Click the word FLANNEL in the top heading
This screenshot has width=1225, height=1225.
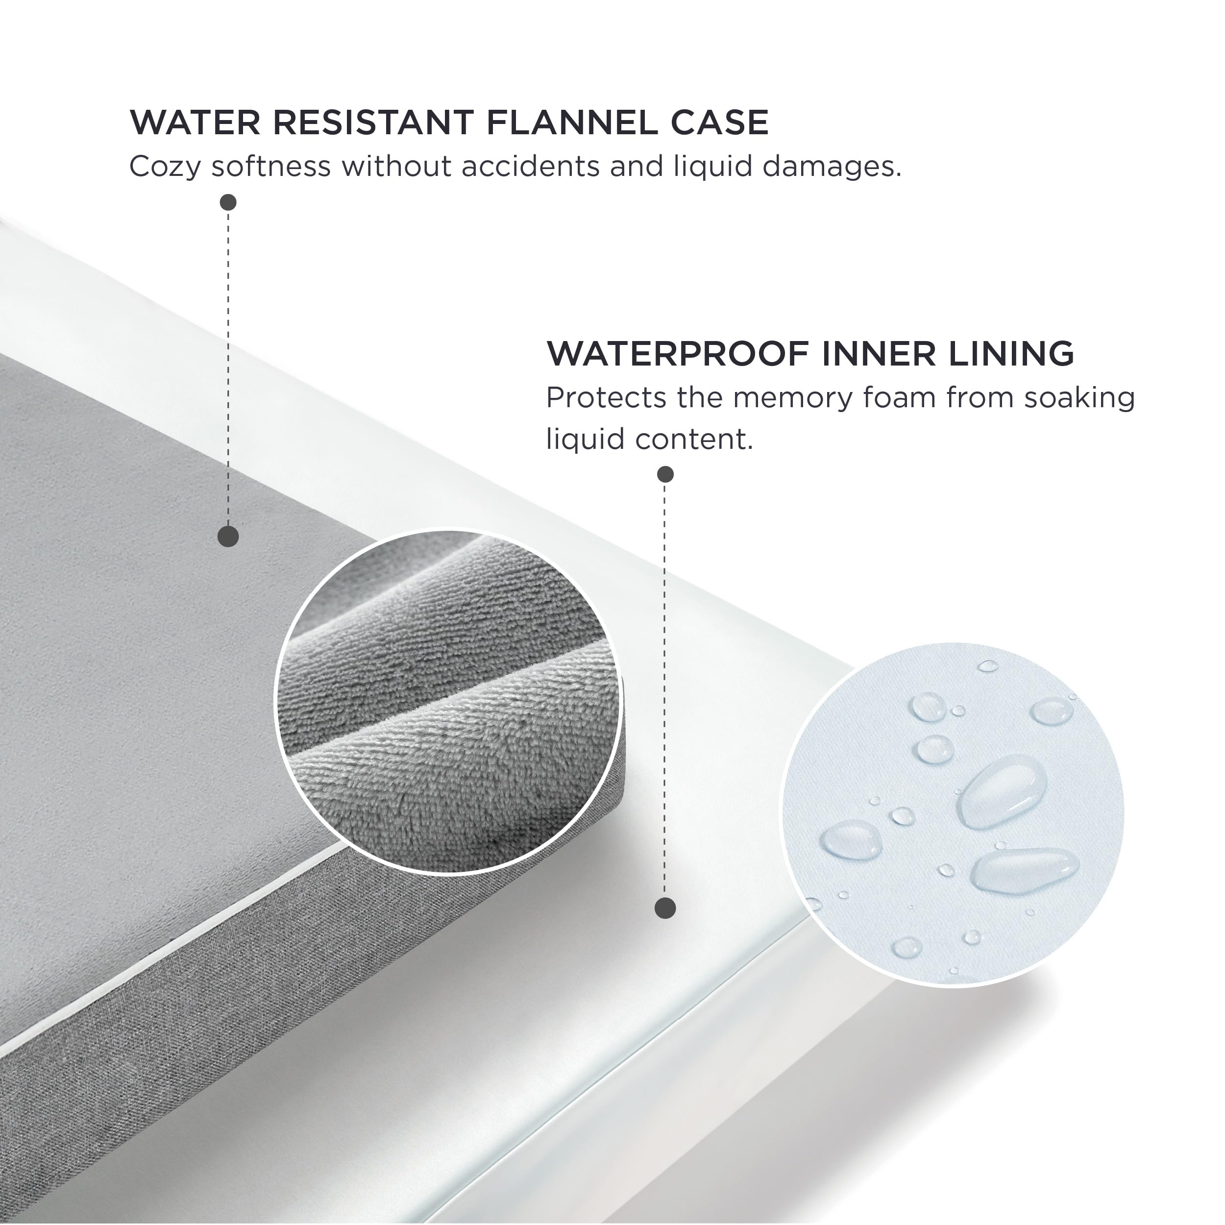click(572, 122)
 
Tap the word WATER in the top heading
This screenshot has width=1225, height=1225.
click(195, 122)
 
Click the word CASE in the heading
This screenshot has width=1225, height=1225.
click(720, 122)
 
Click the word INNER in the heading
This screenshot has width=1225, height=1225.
click(878, 353)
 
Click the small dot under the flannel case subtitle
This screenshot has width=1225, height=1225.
click(228, 202)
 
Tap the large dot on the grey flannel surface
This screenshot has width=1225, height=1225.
click(228, 537)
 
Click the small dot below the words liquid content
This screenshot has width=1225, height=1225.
click(665, 474)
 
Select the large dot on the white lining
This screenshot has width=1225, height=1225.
click(665, 908)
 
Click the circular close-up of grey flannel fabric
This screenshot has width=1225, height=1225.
click(448, 702)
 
